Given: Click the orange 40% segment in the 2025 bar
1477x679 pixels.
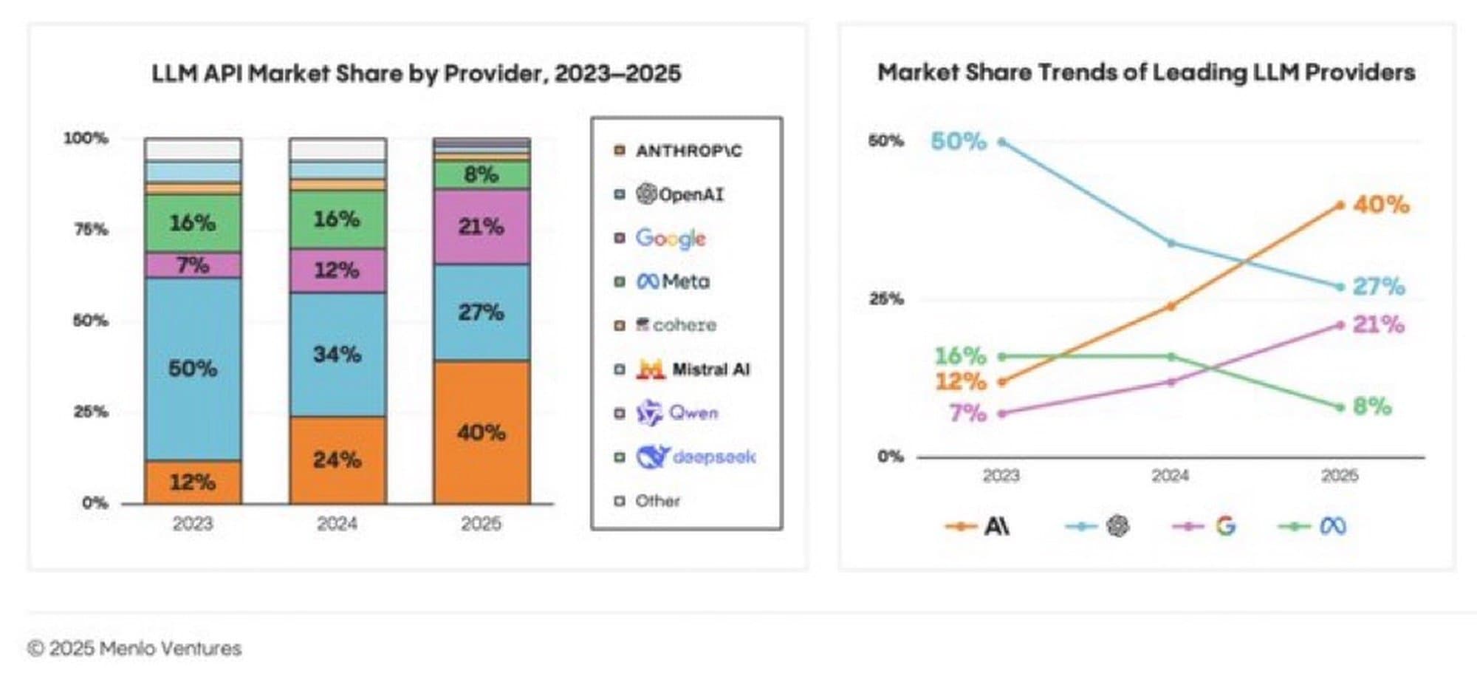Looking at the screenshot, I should pos(482,432).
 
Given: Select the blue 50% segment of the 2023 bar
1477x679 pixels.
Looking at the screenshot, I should pos(193,368).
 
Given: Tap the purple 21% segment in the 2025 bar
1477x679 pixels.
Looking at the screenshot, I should pos(482,226).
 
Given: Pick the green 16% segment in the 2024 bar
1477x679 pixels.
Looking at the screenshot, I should pos(337,219).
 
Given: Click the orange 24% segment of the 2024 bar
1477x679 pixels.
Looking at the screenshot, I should pos(337,460).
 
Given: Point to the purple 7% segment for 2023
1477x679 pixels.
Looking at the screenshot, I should pos(193,265).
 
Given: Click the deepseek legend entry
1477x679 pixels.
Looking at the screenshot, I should pos(695,457).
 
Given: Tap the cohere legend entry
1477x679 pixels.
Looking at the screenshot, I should pos(676,325).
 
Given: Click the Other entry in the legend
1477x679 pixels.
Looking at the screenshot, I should pos(657,501).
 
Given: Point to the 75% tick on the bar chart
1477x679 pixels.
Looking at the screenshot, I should pos(91,230).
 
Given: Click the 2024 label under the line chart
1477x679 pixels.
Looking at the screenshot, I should pos(1171,476).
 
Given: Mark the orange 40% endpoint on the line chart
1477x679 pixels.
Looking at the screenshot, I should pos(1340,205).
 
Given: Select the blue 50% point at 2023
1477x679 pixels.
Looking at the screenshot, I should pos(1002,141).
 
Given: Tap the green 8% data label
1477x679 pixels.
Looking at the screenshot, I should pos(1371,406).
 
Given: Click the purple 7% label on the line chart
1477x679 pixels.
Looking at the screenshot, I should pos(967,412).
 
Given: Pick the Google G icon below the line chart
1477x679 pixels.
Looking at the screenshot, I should pos(1226,526).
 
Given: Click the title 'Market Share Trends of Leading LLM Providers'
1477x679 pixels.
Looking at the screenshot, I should pos(1146,72).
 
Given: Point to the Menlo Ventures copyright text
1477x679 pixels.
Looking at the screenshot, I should pos(134,649).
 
